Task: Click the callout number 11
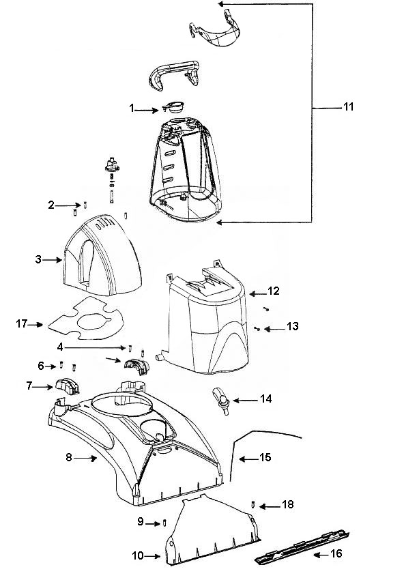[349, 107]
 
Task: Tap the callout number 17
[22, 323]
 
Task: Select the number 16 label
[336, 553]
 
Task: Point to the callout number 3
[38, 260]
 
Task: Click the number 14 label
[265, 398]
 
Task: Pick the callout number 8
[68, 457]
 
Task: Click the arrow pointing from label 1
[147, 109]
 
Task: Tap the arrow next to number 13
[274, 328]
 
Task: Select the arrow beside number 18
[270, 506]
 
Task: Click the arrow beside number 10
[151, 555]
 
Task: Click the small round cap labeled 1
[173, 107]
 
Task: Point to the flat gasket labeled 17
[86, 319]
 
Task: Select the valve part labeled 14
[221, 401]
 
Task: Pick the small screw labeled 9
[164, 523]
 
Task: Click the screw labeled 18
[253, 504]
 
